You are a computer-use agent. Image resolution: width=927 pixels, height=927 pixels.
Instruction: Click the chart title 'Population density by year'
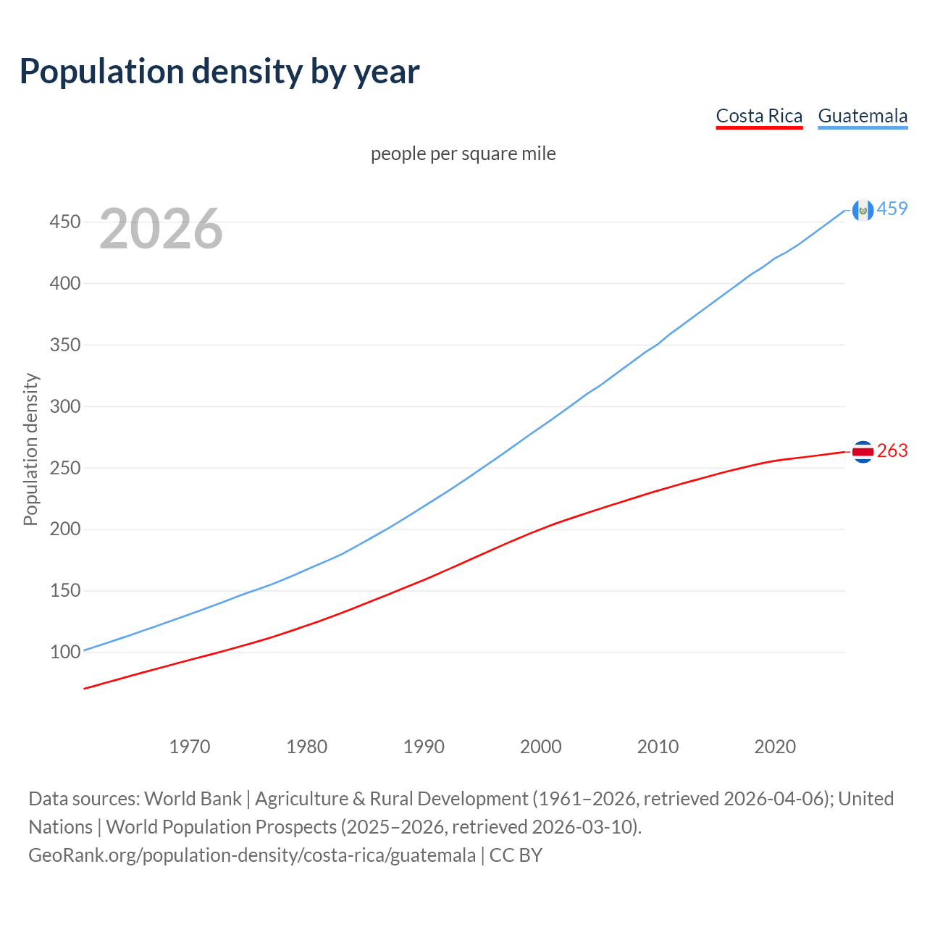click(x=219, y=72)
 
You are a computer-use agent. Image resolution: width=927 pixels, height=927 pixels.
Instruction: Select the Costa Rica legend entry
click(x=759, y=117)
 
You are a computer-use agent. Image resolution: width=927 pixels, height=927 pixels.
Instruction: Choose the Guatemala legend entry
click(x=863, y=117)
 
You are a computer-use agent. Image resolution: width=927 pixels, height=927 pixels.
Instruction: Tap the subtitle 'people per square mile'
click(x=463, y=154)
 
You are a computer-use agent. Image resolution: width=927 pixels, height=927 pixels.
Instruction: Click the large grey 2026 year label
click(x=161, y=229)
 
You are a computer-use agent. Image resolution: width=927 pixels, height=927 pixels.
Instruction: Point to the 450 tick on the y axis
click(x=64, y=222)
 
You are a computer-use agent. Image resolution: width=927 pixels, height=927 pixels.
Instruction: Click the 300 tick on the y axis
click(x=64, y=406)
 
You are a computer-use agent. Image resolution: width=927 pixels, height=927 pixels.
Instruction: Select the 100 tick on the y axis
click(x=64, y=652)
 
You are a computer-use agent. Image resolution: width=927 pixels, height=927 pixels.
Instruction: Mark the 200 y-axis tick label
click(x=64, y=529)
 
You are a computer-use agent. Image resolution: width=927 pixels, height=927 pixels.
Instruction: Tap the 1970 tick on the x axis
click(x=190, y=747)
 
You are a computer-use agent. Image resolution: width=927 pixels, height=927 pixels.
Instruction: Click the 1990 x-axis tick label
click(x=424, y=747)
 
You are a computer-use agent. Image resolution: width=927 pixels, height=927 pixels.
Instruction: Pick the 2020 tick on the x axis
click(x=775, y=747)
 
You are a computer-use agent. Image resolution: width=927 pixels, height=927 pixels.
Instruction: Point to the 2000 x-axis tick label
click(x=541, y=747)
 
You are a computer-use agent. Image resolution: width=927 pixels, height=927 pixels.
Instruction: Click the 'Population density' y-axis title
click(x=30, y=449)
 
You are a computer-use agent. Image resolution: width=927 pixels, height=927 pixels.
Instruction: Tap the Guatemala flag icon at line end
click(x=863, y=210)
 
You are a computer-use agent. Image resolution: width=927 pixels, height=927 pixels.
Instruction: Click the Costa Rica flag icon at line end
click(x=863, y=451)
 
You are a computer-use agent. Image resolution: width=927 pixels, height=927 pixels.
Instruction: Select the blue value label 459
click(x=892, y=209)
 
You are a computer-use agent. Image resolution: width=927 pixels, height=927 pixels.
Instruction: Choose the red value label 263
click(x=892, y=451)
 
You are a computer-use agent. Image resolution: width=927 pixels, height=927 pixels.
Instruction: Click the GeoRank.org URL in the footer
click(x=252, y=855)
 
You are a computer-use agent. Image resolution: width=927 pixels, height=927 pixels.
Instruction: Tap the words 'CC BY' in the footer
click(x=516, y=855)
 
